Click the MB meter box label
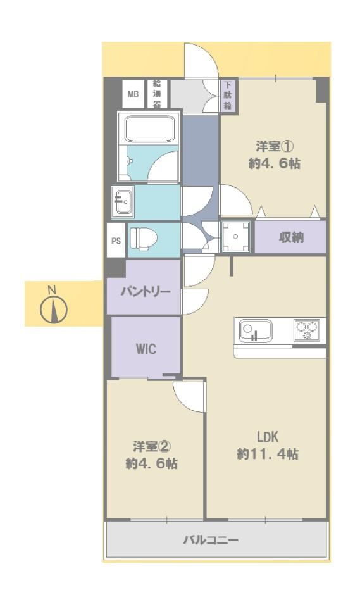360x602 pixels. (133, 94)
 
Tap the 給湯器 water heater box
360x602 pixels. (157, 94)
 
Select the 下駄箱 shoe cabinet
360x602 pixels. (228, 95)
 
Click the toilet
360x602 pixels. (144, 239)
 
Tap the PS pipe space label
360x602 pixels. (116, 241)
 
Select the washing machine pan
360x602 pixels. (235, 237)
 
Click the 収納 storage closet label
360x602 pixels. (291, 238)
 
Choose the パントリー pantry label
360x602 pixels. (146, 292)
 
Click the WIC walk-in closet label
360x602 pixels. (146, 349)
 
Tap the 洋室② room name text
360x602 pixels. (152, 446)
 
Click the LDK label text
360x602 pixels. (268, 437)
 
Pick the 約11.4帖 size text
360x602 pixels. (268, 454)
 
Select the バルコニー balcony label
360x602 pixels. (211, 540)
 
